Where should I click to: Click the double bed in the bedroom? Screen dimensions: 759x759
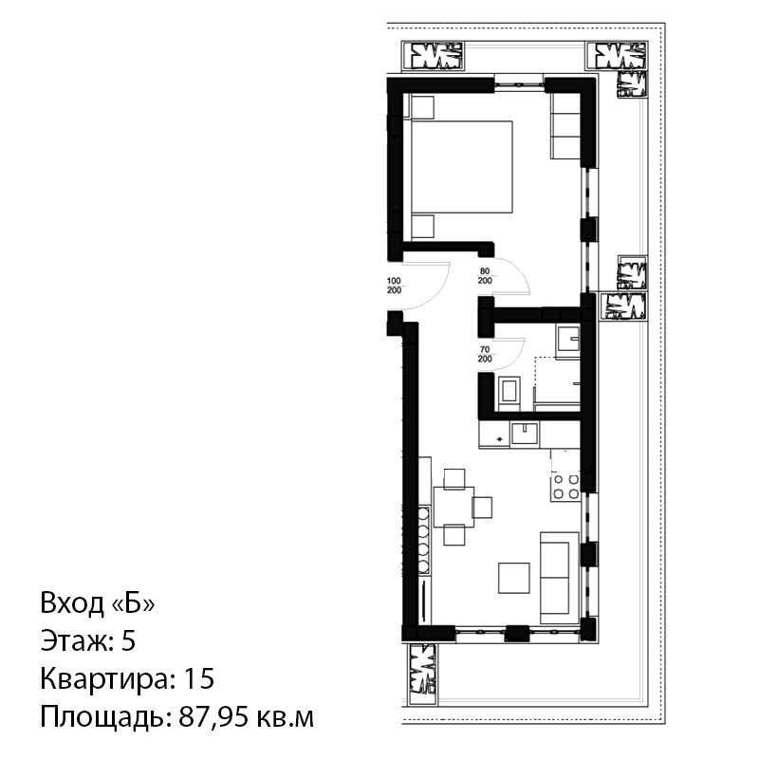(461, 167)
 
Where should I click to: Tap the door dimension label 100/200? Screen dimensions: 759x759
(395, 286)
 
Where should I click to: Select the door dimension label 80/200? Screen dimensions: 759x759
(485, 276)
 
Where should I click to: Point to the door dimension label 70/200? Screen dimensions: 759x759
(485, 354)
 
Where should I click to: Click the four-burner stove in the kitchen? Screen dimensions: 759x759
(565, 487)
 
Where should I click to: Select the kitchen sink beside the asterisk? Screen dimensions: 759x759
(525, 433)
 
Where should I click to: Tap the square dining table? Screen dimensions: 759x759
(454, 507)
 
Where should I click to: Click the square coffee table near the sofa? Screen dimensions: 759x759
(514, 578)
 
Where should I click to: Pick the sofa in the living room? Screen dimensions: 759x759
(560, 578)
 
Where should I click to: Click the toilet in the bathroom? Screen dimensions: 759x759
(509, 390)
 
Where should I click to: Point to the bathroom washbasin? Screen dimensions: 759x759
(567, 342)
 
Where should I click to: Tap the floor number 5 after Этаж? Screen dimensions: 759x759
(128, 641)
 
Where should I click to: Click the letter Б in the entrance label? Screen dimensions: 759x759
(133, 603)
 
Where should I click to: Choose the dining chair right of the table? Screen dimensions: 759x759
(482, 508)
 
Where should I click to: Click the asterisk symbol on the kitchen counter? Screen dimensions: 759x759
(500, 439)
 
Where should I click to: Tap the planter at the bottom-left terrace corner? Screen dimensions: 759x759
(422, 675)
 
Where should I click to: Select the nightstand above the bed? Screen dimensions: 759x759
(422, 107)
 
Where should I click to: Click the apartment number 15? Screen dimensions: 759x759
(199, 678)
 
